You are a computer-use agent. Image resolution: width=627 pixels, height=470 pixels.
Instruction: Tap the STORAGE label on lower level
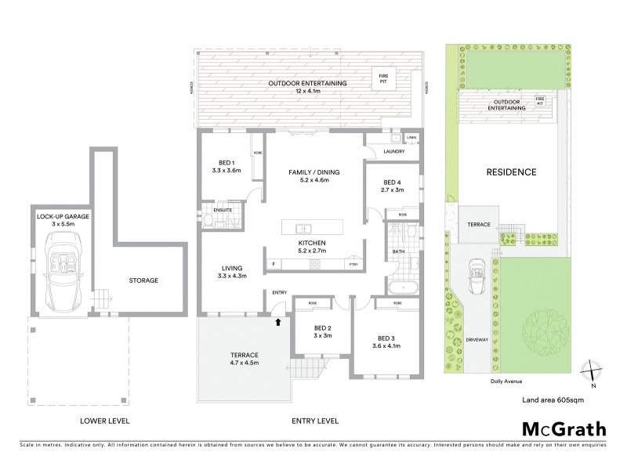tap(143, 280)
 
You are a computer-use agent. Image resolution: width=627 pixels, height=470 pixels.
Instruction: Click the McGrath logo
tap(563, 428)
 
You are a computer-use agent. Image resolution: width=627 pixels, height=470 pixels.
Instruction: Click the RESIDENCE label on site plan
tap(511, 172)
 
